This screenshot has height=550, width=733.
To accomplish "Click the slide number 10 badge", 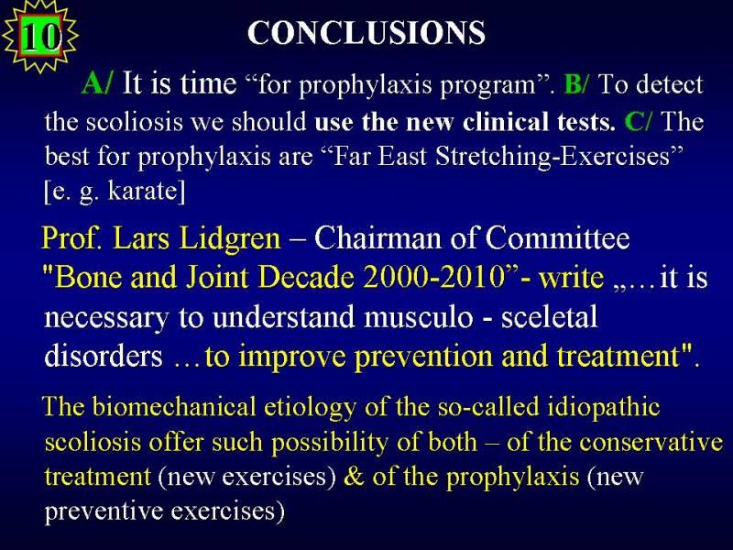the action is tap(40, 36).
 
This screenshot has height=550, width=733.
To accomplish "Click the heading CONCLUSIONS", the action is tap(366, 33).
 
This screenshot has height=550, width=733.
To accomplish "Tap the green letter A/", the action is tap(97, 83).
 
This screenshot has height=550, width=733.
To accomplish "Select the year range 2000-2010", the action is tap(432, 277).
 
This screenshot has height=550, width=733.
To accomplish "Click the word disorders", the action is tap(104, 356).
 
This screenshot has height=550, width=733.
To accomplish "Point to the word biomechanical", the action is tap(174, 406).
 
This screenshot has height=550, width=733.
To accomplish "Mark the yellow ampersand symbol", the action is tap(354, 477).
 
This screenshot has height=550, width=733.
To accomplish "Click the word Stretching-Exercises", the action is tap(560, 156).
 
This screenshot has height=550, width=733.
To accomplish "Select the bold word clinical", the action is tap(506, 122).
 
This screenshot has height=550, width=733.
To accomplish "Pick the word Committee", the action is tap(557, 237).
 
